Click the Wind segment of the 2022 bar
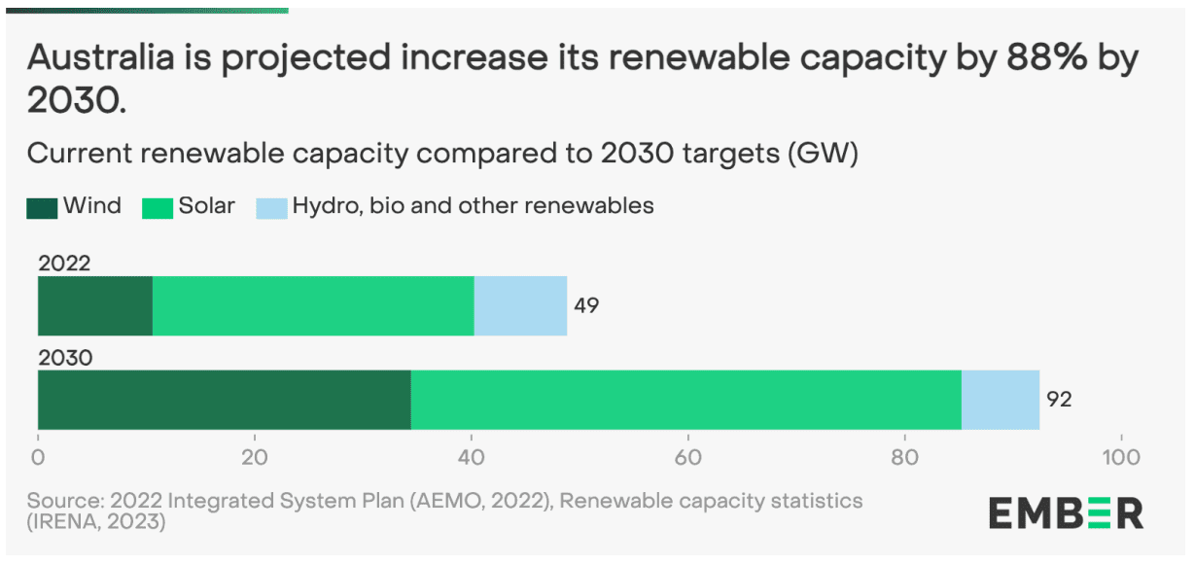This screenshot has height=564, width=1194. coord(95,306)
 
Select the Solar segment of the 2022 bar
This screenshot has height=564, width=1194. coord(313,306)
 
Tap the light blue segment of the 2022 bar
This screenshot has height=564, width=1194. coord(520,306)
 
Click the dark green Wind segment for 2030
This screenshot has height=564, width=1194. coord(224,400)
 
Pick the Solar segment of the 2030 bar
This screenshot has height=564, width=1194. coord(685,400)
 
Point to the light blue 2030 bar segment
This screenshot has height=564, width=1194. coord(1001,400)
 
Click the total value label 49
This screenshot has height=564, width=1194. coord(586,305)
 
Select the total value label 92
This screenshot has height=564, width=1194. coord(1059,399)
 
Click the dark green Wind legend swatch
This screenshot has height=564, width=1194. coord(43,207)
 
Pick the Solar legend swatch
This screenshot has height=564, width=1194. coord(158,207)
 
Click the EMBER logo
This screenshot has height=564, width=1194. coord(1066,512)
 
